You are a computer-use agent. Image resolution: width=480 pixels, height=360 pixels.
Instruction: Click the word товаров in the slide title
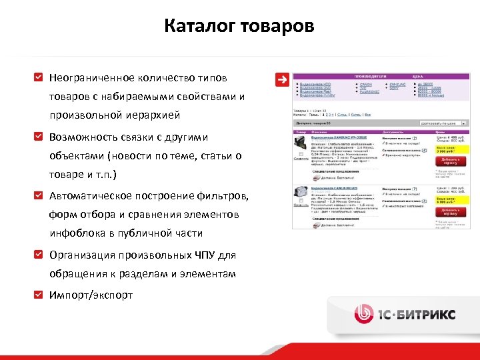pyautogui.click(x=278, y=27)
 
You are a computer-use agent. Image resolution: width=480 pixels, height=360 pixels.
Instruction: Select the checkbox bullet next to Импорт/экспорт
pyautogui.click(x=39, y=295)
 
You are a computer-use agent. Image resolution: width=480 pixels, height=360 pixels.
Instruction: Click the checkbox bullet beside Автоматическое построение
pyautogui.click(x=39, y=196)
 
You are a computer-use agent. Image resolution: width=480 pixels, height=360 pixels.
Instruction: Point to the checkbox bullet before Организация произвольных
pyautogui.click(x=39, y=255)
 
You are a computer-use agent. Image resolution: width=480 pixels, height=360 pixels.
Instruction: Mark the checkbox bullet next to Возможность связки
pyautogui.click(x=39, y=137)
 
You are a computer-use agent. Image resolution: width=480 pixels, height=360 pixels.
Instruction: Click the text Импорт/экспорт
pyautogui.click(x=91, y=295)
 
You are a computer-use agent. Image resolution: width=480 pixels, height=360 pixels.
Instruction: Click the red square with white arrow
pyautogui.click(x=282, y=79)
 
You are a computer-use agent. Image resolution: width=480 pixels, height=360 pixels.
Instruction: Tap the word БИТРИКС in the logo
pyautogui.click(x=431, y=314)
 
